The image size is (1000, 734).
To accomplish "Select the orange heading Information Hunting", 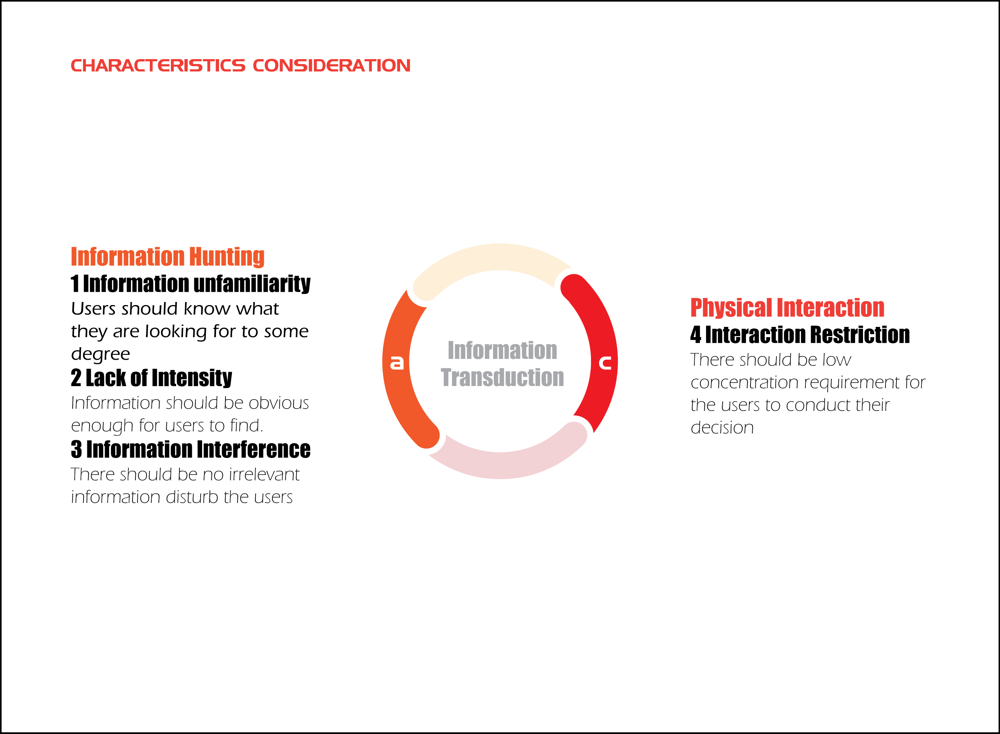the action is coord(168,257).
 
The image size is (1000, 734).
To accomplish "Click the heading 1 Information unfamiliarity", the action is coord(190,284).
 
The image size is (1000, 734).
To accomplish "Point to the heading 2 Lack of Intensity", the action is coord(151,378).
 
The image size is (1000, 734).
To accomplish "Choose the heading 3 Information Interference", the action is coord(190,449).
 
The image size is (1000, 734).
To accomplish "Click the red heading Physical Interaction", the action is coord(787,307).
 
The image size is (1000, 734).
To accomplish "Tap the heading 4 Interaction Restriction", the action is coord(800,334).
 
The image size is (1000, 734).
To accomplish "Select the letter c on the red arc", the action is coord(605,363).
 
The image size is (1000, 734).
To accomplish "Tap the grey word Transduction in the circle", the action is coord(502,377).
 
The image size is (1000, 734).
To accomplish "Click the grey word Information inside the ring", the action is coord(502,350).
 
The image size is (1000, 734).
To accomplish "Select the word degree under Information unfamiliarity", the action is coord(100,354).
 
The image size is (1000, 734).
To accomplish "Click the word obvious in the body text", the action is coord(279,403).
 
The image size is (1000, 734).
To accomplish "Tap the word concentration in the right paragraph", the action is coord(744,383).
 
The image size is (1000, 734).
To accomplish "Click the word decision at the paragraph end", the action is coord(722,427).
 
